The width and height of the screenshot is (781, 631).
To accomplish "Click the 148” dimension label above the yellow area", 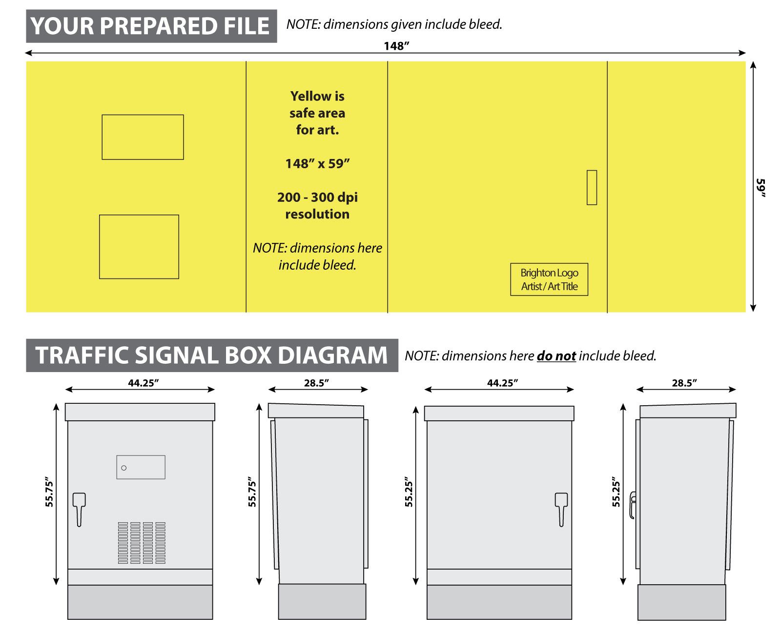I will point(396,46).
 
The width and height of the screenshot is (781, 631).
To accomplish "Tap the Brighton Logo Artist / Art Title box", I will point(549,279).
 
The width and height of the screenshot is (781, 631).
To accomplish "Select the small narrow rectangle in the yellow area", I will point(592,187).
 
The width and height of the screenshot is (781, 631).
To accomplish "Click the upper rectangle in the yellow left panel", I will point(143,137).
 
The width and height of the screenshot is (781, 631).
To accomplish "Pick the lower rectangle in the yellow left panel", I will point(139,247).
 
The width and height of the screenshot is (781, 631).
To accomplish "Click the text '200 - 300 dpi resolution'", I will point(317,205).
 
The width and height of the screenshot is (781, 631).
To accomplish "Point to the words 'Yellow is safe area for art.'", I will point(317,113).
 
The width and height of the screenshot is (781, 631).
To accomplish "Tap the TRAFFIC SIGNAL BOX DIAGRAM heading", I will point(212,355).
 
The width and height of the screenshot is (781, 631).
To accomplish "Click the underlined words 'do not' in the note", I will point(556,356).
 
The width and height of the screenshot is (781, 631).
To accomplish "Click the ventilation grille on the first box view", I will point(142,543).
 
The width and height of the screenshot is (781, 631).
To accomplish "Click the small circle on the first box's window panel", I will point(124,468).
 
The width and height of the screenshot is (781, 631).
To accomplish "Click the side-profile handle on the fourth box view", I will point(633,505).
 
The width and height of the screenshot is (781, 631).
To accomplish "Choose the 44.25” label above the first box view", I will point(144,383).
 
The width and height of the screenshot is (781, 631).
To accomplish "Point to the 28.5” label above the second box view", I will point(316,383).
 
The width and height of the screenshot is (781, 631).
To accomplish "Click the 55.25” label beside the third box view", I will point(409,493).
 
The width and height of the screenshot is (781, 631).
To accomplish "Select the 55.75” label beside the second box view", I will point(252,492).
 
